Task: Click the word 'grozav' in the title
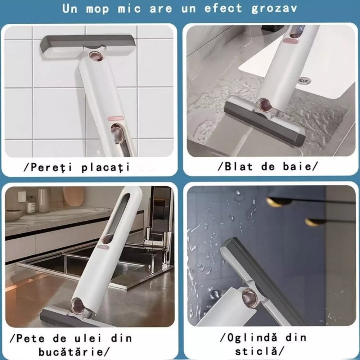(x=274, y=9)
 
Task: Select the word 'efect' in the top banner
(x=223, y=8)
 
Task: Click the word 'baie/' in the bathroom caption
(x=301, y=166)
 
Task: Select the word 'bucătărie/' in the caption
(x=74, y=352)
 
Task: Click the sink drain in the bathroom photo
(x=305, y=80)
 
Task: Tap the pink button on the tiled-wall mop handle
(x=116, y=118)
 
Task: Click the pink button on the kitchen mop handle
(x=104, y=247)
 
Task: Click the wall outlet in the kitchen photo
(x=22, y=197)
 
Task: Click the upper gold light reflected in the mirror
(x=275, y=202)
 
